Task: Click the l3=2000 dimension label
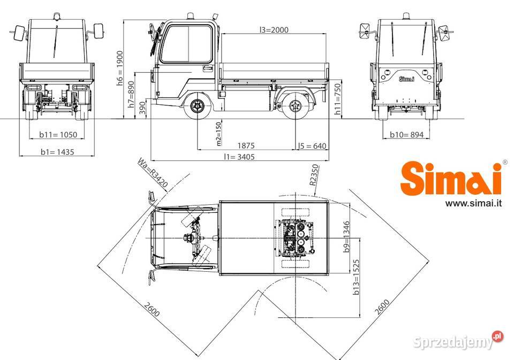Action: [x=274, y=30]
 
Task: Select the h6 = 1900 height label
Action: [x=120, y=68]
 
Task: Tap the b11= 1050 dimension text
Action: [x=58, y=134]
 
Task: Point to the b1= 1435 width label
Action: [x=57, y=152]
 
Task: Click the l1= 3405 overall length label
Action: [x=239, y=157]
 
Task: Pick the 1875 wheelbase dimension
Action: [x=246, y=145]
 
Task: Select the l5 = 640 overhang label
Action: [x=312, y=146]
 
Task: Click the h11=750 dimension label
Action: [x=337, y=99]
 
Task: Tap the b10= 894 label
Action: [x=406, y=134]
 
